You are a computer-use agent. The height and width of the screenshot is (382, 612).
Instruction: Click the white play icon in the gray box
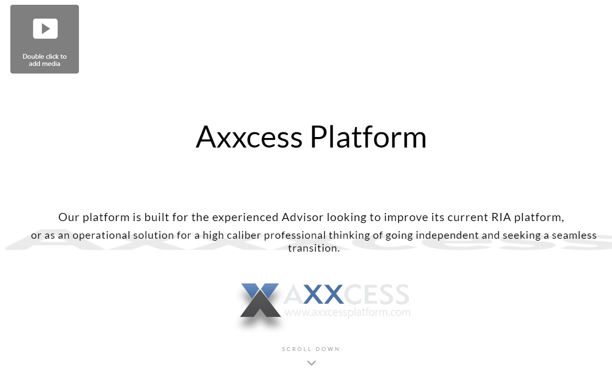pos(45,29)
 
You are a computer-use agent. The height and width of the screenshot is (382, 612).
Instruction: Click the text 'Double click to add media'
pos(44,60)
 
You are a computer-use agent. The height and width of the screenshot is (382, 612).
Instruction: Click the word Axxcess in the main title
pos(249,137)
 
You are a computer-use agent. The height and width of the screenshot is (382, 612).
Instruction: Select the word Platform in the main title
pos(368,137)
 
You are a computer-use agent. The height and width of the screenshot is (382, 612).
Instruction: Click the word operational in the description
pos(101,236)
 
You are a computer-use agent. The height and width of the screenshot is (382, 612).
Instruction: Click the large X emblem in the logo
pos(261,300)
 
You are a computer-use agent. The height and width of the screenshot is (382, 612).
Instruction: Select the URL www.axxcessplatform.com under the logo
pos(348,312)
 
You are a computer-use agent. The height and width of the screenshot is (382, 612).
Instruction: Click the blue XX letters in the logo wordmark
pos(323,294)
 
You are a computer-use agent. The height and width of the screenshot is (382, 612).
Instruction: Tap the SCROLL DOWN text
pos(311,349)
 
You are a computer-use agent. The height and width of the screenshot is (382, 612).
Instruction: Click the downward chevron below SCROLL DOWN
pos(311,363)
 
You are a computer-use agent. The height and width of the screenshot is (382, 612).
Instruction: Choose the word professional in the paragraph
pos(295,236)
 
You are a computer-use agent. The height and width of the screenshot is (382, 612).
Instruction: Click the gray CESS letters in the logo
pos(376,294)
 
